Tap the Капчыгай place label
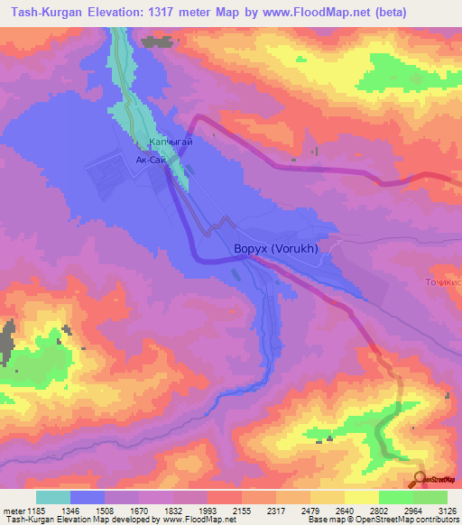click(171, 143)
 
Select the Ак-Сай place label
click(150, 159)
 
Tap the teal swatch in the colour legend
click(53, 497)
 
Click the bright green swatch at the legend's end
click(430, 497)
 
